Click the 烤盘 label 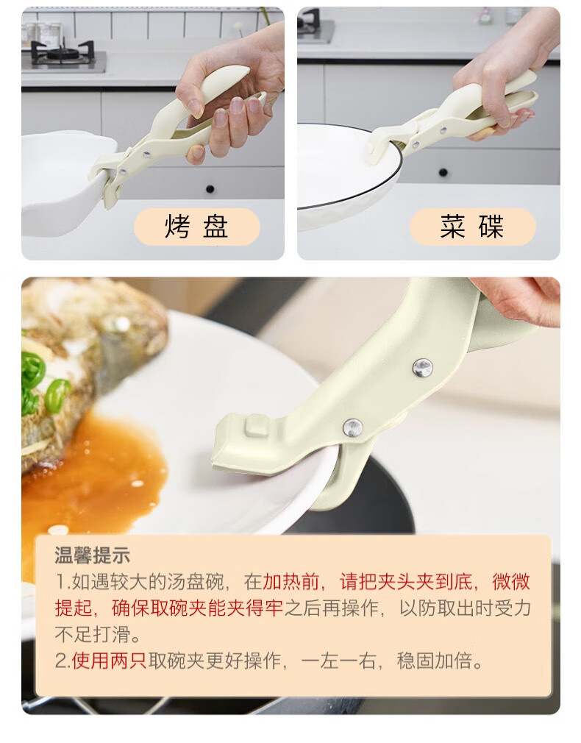tap(196, 227)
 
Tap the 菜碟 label tap(472, 227)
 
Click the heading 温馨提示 tap(93, 555)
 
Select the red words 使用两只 tap(110, 661)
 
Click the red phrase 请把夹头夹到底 tap(406, 581)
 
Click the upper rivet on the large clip tap(422, 367)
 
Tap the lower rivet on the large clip tap(352, 427)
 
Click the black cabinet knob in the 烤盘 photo tap(210, 190)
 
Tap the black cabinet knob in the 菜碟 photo tap(443, 172)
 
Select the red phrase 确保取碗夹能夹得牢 tap(197, 608)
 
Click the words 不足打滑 tap(93, 634)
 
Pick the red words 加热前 tap(291, 581)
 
